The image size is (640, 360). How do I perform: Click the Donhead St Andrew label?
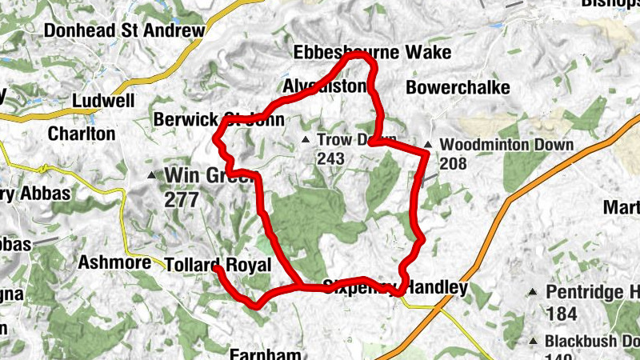pyautogui.click(x=125, y=31)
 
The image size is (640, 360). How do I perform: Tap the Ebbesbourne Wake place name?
pyautogui.click(x=372, y=53)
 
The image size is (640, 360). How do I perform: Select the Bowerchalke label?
pyautogui.click(x=458, y=87)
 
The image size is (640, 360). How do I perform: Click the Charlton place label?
pyautogui.click(x=82, y=134)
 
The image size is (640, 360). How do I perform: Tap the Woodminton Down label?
pyautogui.click(x=506, y=145)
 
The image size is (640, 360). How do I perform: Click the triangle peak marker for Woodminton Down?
pyautogui.click(x=429, y=145)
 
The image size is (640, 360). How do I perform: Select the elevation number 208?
pyautogui.click(x=453, y=163)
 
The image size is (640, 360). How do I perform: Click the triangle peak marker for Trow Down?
pyautogui.click(x=305, y=140)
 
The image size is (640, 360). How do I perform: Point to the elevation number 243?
pyautogui.click(x=330, y=159)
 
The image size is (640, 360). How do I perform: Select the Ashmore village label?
pyautogui.click(x=115, y=262)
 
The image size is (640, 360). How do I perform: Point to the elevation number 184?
pyautogui.click(x=560, y=312)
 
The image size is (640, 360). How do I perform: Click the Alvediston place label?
pyautogui.click(x=324, y=86)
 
